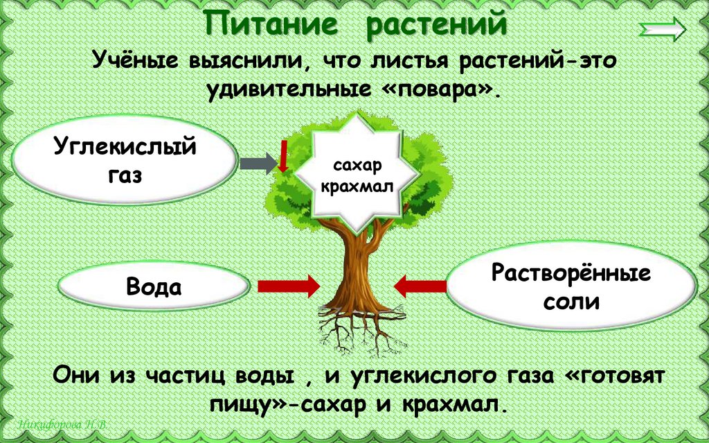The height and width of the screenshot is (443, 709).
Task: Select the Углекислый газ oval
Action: point(125,161)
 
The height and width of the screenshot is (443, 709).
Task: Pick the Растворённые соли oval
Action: point(571,286)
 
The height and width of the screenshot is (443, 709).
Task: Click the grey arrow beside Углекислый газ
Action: point(257,164)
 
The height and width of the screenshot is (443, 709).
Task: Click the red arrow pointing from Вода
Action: point(288,285)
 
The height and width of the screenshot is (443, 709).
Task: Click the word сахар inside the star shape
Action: point(357,167)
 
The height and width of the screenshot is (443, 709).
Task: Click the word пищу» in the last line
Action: point(245,406)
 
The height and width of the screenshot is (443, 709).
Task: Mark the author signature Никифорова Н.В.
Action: point(62,424)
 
